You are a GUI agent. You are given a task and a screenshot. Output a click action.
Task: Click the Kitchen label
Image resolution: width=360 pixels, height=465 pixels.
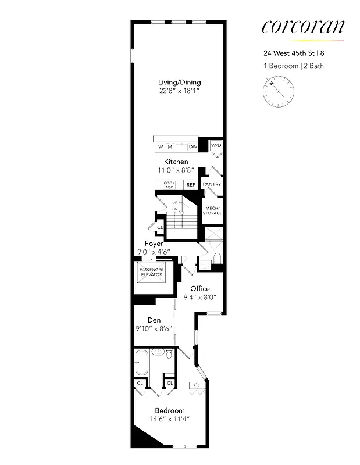(x=176, y=162)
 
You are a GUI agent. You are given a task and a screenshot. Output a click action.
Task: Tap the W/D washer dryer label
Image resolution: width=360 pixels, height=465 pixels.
(x=216, y=145)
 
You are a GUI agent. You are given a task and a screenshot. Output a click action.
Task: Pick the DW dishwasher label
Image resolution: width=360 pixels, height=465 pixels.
(x=193, y=147)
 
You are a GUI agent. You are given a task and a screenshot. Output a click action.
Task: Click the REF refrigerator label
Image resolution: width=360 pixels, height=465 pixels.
(x=191, y=185)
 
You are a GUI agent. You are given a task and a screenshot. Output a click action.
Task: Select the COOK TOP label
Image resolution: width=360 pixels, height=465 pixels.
(x=169, y=185)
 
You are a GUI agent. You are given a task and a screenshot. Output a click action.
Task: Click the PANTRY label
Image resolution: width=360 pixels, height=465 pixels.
(x=212, y=185)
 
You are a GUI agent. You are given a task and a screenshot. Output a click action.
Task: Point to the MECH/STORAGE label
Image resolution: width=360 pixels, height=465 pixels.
(x=212, y=210)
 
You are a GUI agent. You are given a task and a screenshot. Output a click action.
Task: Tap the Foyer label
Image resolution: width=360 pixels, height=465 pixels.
(x=154, y=244)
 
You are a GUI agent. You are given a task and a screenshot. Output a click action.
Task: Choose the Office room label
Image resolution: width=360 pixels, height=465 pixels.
(x=199, y=288)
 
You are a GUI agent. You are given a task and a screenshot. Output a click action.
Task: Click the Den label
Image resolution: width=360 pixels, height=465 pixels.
(x=154, y=320)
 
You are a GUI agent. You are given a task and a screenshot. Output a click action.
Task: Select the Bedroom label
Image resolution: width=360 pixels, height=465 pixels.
(x=170, y=410)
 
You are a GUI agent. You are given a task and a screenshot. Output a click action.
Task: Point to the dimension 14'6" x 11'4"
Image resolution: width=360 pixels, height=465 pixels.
(x=170, y=419)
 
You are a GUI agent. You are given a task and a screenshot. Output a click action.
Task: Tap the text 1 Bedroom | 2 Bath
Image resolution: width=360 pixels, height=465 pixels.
(x=293, y=66)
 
